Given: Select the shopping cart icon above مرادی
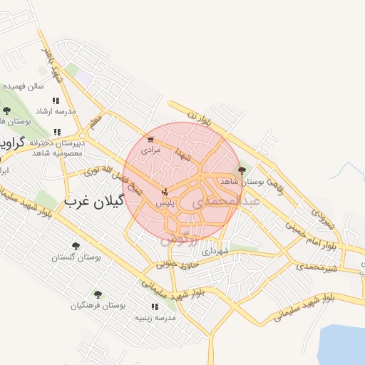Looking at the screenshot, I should [150, 140].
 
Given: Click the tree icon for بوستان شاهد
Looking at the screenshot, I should [242, 170].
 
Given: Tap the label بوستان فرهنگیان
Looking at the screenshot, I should [98, 305].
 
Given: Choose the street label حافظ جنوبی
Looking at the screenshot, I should [175, 263].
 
